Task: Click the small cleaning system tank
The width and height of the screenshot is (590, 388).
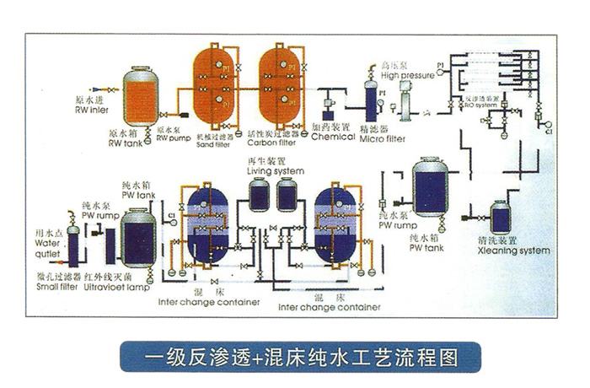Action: coord(501,217)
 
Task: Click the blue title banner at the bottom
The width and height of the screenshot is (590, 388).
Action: coord(294,355)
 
